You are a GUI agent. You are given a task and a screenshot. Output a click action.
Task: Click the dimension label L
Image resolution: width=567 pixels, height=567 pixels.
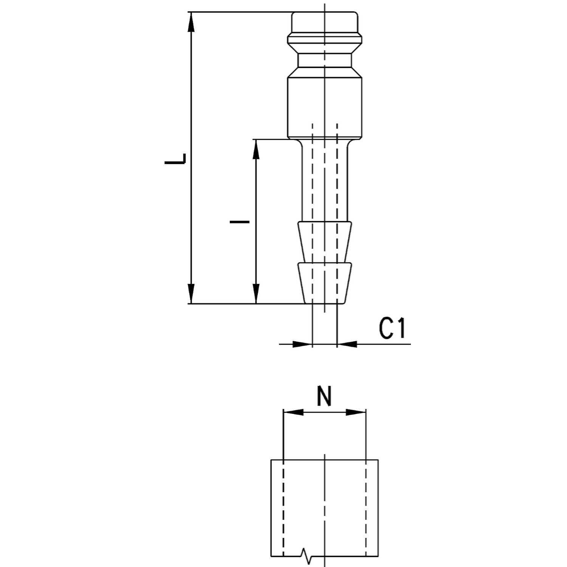pyautogui.click(x=175, y=159)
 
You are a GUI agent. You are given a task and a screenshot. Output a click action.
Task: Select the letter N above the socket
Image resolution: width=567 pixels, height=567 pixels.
pyautogui.click(x=324, y=396)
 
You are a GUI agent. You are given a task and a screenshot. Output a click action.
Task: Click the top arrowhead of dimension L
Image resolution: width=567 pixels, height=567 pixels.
pyautogui.click(x=192, y=22)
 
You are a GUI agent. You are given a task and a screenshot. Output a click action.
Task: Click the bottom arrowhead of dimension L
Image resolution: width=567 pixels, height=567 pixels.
pyautogui.click(x=192, y=293)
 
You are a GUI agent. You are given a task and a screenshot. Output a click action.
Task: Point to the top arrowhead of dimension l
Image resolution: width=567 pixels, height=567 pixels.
pyautogui.click(x=256, y=150)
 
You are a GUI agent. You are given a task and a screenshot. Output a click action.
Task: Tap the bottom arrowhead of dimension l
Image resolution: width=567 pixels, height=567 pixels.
pyautogui.click(x=256, y=293)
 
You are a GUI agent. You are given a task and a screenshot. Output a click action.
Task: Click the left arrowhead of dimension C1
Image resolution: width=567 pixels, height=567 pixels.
pyautogui.click(x=303, y=344)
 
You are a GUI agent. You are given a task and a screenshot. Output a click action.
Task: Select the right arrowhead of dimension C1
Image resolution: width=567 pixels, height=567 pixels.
pyautogui.click(x=347, y=344)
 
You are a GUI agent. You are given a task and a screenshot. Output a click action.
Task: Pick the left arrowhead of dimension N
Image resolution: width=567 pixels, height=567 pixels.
pyautogui.click(x=293, y=412)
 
